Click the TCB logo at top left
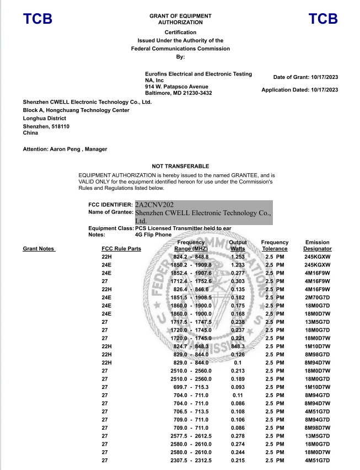37,19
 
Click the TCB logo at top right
323,19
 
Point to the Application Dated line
299,90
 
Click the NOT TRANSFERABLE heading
180,166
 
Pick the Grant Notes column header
39,249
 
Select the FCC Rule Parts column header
121,249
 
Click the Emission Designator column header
317,245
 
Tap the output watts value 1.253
238,257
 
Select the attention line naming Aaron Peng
65,149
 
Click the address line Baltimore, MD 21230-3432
178,93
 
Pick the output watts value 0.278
238,436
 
